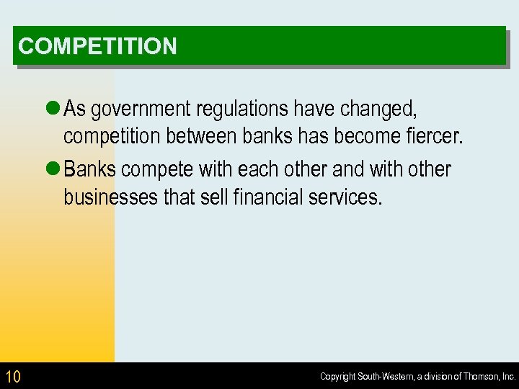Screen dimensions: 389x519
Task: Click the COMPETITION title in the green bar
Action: [97, 47]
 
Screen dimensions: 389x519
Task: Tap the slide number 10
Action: [13, 376]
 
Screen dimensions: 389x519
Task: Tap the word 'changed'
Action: [378, 110]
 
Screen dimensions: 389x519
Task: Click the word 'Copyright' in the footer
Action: [337, 377]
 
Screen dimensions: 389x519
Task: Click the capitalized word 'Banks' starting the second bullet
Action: [91, 170]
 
